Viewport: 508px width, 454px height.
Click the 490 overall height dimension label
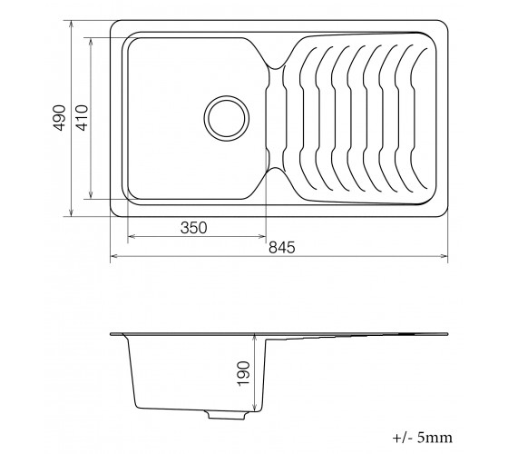60,118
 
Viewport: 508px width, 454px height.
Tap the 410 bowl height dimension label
82,118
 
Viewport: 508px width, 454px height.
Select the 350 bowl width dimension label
193,228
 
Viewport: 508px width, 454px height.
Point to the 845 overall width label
282,247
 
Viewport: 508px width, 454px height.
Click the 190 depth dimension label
244,373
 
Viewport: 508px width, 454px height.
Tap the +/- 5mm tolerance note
423,438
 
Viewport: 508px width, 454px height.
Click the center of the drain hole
227,118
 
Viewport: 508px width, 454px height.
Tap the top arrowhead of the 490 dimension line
72,25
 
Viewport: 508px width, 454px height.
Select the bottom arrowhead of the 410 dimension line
91,195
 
